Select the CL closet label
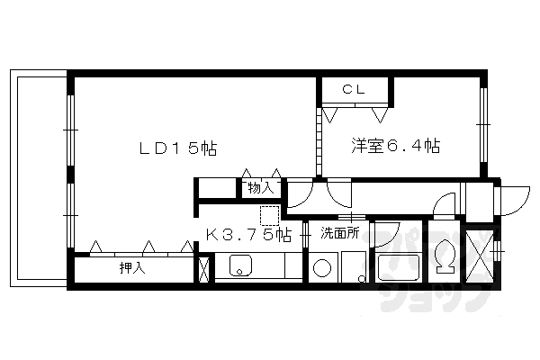coord(355,90)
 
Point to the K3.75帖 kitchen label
coord(248,235)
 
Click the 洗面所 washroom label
coord(340,233)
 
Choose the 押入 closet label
coord(132,268)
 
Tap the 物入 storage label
coord(260,188)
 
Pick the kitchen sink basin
coord(241,266)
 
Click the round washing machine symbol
coord(322,268)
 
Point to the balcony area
coord(40,180)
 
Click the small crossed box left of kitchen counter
coord(203,268)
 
